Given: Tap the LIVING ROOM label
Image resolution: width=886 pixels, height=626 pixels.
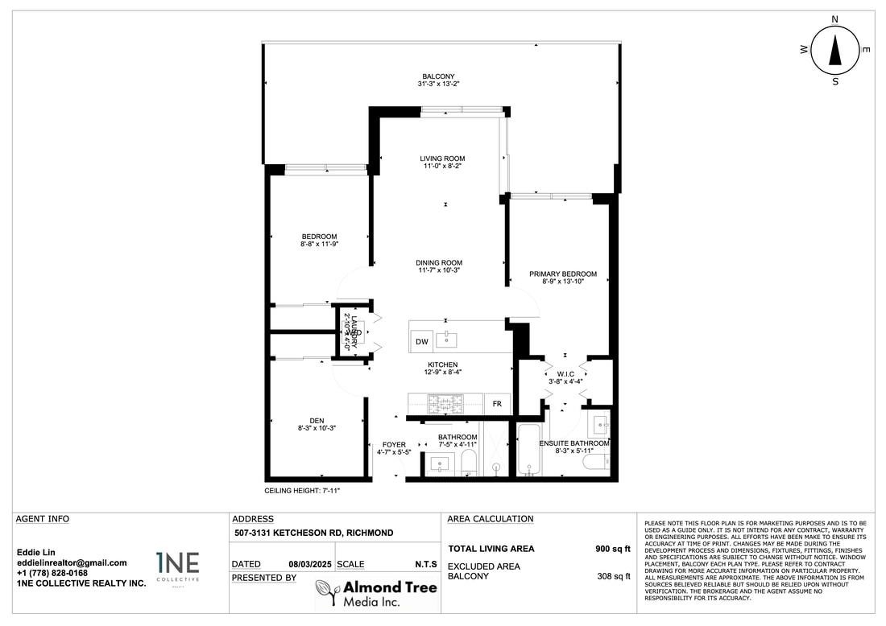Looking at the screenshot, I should (x=442, y=159).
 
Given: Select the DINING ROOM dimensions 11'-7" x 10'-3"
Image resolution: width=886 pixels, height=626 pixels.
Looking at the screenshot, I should (x=439, y=270).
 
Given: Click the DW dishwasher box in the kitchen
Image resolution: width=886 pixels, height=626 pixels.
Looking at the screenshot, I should (x=421, y=342).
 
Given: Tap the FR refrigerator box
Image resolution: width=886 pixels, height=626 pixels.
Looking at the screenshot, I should (x=497, y=404).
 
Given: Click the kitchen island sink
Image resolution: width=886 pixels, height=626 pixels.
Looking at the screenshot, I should (x=446, y=340).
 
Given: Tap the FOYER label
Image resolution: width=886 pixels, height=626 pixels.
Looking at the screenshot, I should (x=394, y=444).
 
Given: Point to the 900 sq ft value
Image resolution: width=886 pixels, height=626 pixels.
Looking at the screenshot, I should (x=612, y=549).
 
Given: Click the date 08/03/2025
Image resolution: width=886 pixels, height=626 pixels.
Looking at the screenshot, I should (x=310, y=565).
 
